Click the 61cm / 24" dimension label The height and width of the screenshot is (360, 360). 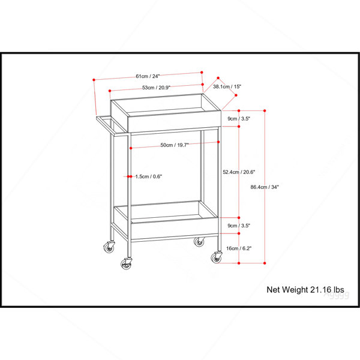[x=148, y=76]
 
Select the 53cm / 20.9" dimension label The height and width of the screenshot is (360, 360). [x=156, y=88]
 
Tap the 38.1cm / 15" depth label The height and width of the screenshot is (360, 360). [x=227, y=86]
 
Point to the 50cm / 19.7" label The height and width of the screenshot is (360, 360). [x=175, y=145]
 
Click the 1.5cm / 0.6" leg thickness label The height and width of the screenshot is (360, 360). [x=149, y=176]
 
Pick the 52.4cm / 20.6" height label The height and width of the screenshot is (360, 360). [x=239, y=172]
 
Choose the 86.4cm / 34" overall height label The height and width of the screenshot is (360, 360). [x=265, y=187]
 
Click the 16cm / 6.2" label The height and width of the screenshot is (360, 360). [x=239, y=248]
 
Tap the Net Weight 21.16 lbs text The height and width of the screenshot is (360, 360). [x=305, y=290]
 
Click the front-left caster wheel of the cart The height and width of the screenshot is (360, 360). [x=126, y=264]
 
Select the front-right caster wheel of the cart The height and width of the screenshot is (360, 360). [x=217, y=257]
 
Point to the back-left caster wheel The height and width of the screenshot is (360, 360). [x=109, y=247]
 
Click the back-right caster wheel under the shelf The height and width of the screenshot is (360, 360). [x=199, y=242]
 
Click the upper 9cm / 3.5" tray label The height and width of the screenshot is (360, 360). [x=239, y=119]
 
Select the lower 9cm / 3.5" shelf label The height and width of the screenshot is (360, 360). [x=239, y=226]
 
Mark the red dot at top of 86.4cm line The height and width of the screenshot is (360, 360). [x=265, y=110]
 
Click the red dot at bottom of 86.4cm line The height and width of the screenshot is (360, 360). [x=265, y=263]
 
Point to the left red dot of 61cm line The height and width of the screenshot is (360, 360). [x=94, y=80]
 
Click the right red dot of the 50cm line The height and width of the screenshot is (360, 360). [x=218, y=142]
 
